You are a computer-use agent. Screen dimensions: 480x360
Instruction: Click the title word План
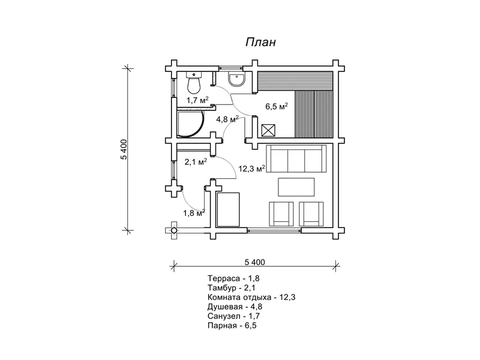tap(260, 42)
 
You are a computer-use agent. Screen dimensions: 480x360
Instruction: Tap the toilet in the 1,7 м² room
tap(193, 83)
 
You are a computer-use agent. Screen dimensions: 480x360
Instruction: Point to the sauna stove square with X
tap(268, 131)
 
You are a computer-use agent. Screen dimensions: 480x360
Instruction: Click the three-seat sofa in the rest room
tap(296, 159)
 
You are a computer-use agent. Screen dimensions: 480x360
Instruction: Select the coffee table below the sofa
tap(296, 187)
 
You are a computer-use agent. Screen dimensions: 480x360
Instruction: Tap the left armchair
tap(281, 214)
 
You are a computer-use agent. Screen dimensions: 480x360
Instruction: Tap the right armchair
tap(311, 214)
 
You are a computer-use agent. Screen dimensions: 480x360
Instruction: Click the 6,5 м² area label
tap(277, 107)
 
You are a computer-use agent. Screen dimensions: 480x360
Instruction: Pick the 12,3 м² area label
tap(251, 169)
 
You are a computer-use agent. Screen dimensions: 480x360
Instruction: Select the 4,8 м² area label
tap(227, 119)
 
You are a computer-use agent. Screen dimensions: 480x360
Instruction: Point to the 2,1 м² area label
tap(196, 161)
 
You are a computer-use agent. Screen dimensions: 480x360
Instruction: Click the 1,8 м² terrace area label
tap(194, 213)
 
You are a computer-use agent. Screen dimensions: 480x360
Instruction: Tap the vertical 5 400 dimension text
tap(124, 149)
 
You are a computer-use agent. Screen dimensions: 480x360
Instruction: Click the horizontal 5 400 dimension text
tap(254, 262)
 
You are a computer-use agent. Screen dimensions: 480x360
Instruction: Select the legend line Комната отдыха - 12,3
tap(251, 297)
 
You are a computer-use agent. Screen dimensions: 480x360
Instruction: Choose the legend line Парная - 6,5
tap(232, 325)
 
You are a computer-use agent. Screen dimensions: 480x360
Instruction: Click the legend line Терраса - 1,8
tap(233, 278)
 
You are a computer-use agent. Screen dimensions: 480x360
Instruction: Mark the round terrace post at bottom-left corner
tap(173, 230)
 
